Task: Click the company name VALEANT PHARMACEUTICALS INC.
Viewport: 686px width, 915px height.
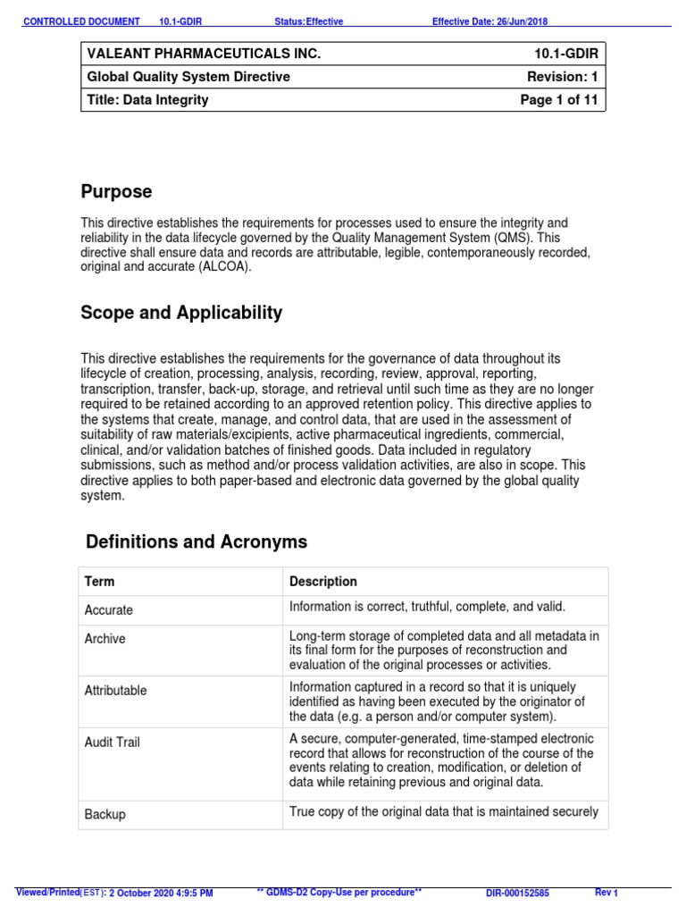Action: (203, 55)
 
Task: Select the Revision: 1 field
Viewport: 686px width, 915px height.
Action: (563, 77)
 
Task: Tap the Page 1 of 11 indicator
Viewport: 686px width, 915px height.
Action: (559, 100)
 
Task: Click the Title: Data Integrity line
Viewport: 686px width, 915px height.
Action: (147, 100)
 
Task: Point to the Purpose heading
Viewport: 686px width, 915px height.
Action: (116, 191)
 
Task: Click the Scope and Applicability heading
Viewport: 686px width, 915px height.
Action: (181, 313)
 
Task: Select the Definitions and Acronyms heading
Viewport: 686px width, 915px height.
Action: (197, 541)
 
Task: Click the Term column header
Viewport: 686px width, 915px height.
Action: (99, 582)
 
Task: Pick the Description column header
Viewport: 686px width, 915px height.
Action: (323, 582)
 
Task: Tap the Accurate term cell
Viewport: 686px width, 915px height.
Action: (108, 610)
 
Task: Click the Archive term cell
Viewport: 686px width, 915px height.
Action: (105, 639)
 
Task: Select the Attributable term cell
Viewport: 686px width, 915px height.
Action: (115, 691)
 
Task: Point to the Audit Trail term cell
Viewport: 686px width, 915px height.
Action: (112, 743)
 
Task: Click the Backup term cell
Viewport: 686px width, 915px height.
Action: (105, 815)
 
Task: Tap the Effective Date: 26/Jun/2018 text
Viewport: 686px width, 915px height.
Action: (489, 21)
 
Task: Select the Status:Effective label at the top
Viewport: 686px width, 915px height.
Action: (308, 21)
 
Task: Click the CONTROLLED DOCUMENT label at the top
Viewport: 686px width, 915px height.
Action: (81, 21)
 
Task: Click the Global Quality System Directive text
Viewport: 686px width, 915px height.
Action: (187, 77)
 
